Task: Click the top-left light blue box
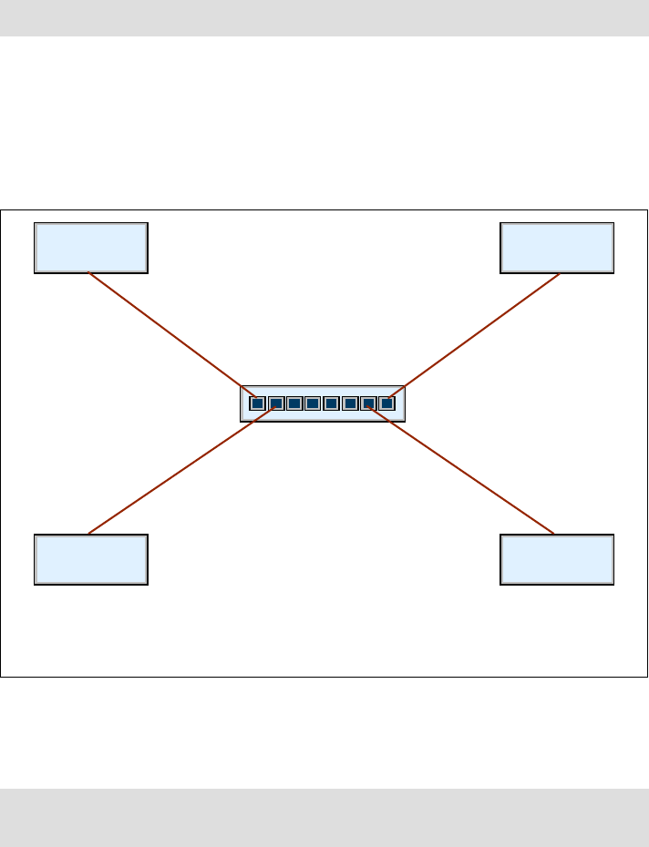(x=90, y=247)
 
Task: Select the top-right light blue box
(x=557, y=247)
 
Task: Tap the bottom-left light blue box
(x=90, y=558)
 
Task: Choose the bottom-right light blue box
(x=557, y=558)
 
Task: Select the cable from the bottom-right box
(x=460, y=469)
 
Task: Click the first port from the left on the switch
(x=257, y=403)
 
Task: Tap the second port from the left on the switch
(x=275, y=403)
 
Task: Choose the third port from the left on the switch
(x=294, y=403)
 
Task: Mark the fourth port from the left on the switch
(x=313, y=403)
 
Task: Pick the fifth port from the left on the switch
(x=332, y=403)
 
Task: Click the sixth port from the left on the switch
(x=350, y=403)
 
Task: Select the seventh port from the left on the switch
(x=368, y=403)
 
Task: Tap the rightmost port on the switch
(x=386, y=403)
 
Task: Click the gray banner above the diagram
(x=324, y=18)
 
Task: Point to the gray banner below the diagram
(x=324, y=817)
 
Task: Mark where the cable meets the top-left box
(x=88, y=272)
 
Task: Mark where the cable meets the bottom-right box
(x=554, y=534)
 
